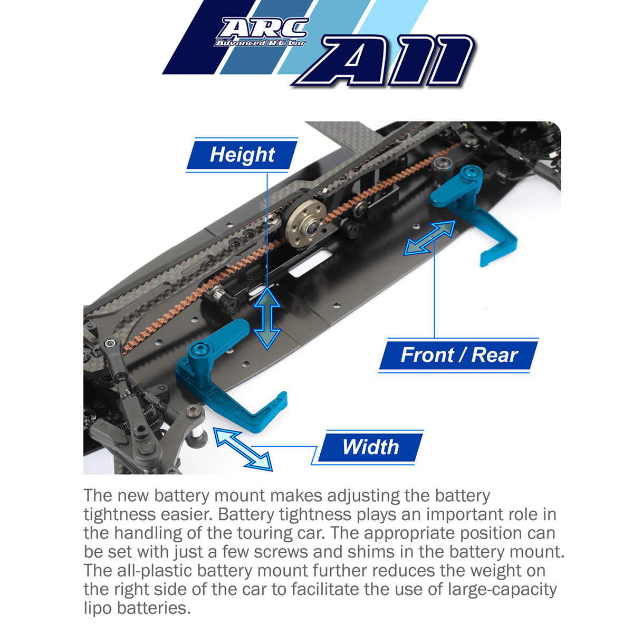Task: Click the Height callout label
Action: tap(242, 155)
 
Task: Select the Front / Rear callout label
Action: tap(459, 355)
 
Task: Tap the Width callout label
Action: tap(370, 447)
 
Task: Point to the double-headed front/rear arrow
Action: tap(430, 238)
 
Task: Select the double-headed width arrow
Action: tap(243, 449)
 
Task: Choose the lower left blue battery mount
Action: tap(227, 380)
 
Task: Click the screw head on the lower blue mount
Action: tap(200, 349)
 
